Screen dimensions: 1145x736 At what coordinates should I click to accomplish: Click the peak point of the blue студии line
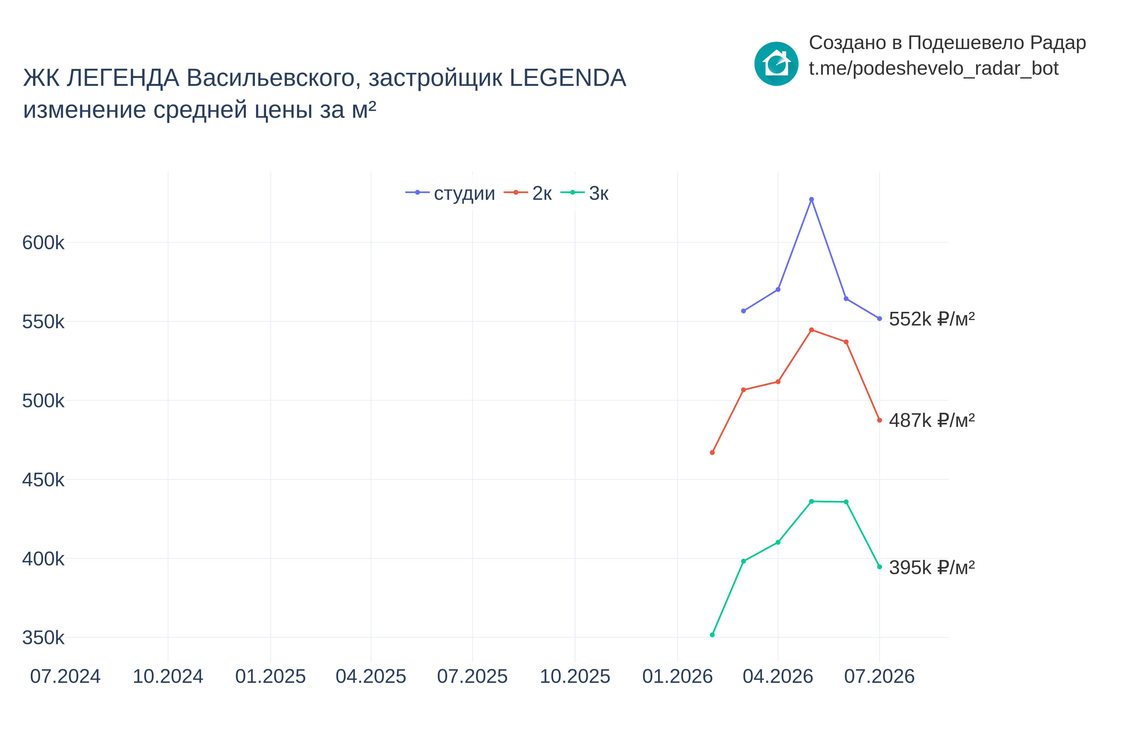tap(811, 199)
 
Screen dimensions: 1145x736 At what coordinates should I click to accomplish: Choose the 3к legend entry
tap(584, 193)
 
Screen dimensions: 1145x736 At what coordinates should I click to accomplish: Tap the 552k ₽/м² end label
tap(931, 319)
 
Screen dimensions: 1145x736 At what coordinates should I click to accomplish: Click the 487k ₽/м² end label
tap(931, 420)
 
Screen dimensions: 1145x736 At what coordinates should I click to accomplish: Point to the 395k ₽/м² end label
tap(931, 567)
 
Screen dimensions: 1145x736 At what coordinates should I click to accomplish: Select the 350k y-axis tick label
tap(43, 638)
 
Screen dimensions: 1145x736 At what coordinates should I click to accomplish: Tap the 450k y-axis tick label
tap(43, 480)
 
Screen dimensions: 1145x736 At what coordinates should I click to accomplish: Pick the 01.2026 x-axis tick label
tap(677, 676)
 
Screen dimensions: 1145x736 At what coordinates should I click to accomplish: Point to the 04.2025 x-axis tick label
tap(371, 676)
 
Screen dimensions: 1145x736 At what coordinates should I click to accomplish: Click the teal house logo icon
tap(776, 64)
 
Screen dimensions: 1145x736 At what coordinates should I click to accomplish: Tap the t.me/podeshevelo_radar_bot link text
tap(933, 68)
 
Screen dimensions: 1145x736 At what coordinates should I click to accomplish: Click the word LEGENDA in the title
tap(568, 78)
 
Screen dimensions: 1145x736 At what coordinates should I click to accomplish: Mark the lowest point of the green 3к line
tap(712, 635)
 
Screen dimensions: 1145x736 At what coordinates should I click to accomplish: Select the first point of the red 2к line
tap(712, 452)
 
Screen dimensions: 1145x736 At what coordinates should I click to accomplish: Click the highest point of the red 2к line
tap(811, 330)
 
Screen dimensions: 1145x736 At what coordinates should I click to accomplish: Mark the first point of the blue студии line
tap(743, 311)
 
